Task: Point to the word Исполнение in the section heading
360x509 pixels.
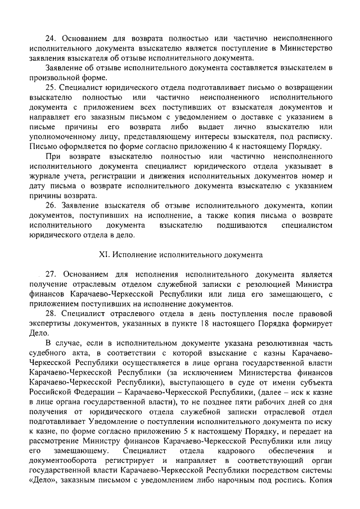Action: [134, 254]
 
